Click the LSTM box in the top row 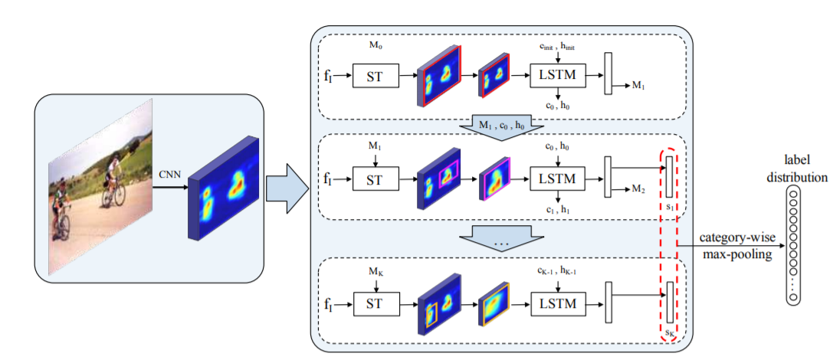[x=557, y=76]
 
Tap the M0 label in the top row [x=376, y=45]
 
